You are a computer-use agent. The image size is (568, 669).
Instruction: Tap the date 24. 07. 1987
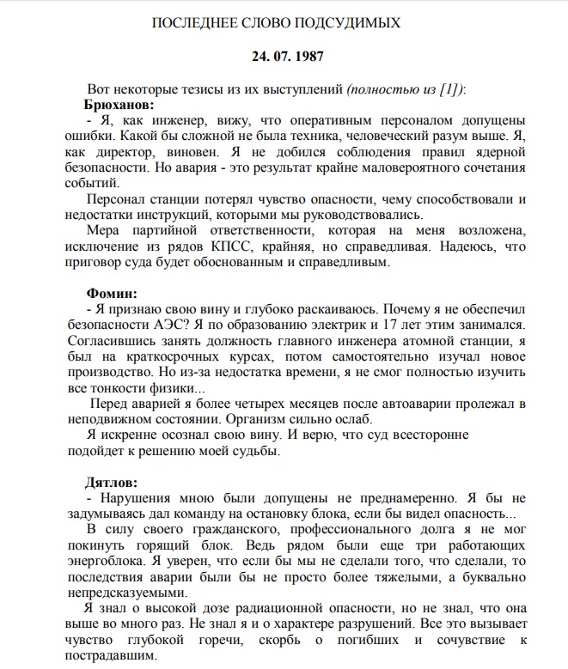point(284,58)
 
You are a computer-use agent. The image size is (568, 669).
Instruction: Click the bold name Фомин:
point(111,293)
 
